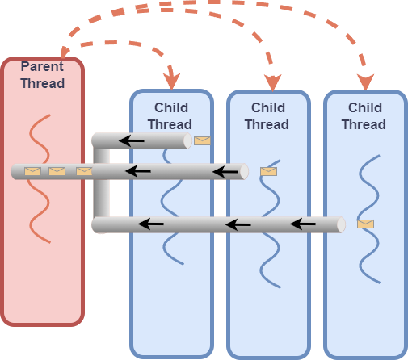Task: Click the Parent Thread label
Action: [x=42, y=75]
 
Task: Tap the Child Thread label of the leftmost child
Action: [x=172, y=115]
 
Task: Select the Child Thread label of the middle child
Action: [x=267, y=115]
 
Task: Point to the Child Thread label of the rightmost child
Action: [x=364, y=115]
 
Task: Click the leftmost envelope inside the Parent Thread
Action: [x=32, y=171]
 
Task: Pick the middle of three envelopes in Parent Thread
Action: [x=57, y=171]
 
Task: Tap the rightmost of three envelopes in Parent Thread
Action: [x=84, y=171]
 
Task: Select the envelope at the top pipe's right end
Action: [x=202, y=140]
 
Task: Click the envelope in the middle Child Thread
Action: [x=268, y=171]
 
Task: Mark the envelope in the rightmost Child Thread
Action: [x=365, y=224]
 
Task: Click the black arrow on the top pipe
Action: [x=132, y=141]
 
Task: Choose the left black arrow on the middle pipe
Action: [x=138, y=171]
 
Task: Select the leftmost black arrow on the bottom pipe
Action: [x=150, y=224]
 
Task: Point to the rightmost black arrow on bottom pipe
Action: [x=303, y=224]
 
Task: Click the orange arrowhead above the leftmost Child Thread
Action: [x=170, y=81]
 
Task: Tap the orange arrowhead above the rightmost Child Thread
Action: [x=365, y=81]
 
